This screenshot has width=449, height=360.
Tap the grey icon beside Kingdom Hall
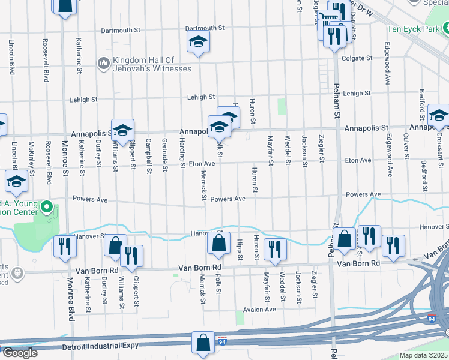click(103, 62)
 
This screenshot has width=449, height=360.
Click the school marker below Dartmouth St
click(197, 42)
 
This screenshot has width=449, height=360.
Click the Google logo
click(19, 353)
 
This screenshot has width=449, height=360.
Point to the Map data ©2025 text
click(423, 355)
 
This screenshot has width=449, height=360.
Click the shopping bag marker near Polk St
click(218, 244)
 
